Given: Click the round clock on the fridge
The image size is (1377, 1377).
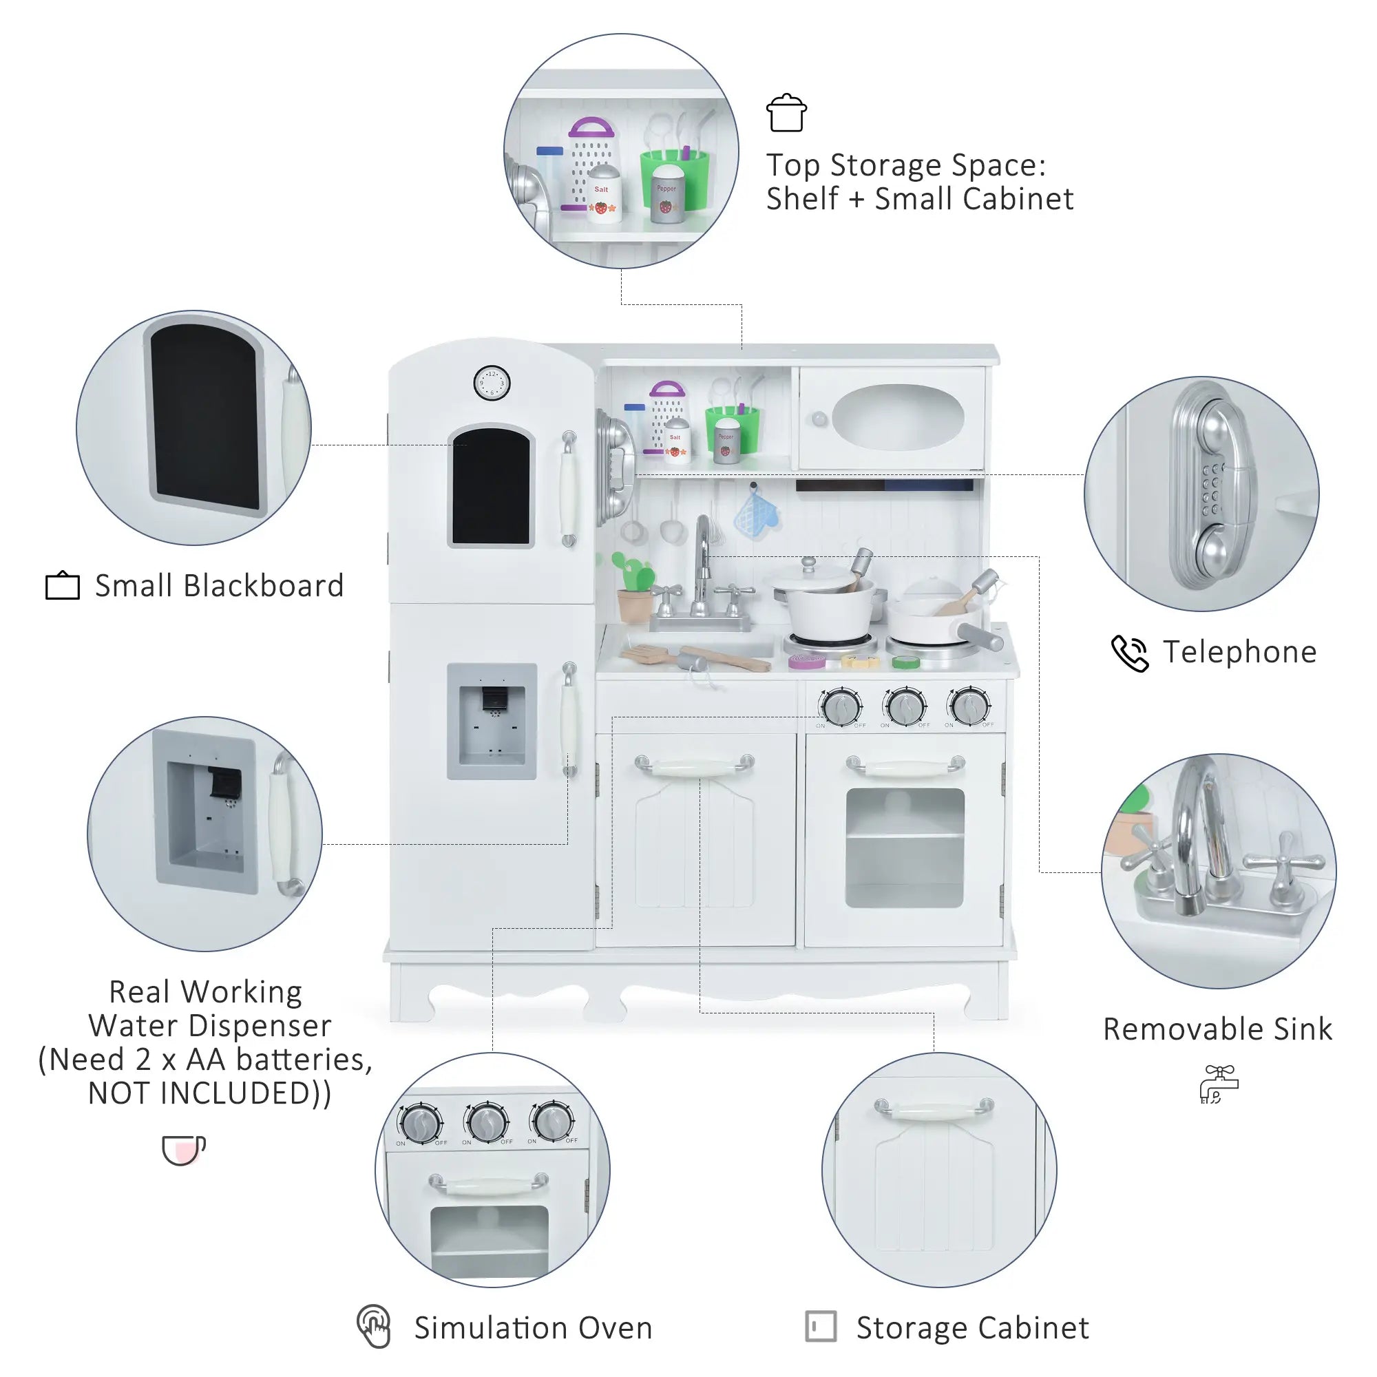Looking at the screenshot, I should tap(492, 383).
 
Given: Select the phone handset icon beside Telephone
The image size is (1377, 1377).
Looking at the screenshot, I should tap(1130, 653).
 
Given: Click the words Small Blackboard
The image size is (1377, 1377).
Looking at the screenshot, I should tap(219, 586).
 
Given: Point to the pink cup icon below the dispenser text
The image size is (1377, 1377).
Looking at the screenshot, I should tap(183, 1150).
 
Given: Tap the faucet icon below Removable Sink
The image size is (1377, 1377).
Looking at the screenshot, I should tap(1219, 1084).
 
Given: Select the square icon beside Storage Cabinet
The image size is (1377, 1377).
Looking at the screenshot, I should tap(821, 1327).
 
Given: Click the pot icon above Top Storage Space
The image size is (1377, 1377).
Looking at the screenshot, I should tap(786, 114).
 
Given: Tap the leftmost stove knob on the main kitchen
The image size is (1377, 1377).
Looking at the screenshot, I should tap(841, 707).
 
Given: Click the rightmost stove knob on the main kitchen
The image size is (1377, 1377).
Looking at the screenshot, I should tap(969, 706).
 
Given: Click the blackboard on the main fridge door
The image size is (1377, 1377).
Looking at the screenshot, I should tap(491, 487).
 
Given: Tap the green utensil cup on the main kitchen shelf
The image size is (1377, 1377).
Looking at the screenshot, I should tap(732, 429).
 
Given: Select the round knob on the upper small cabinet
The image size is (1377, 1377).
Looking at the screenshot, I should tap(819, 419).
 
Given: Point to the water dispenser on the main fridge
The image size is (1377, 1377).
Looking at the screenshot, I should tap(492, 722).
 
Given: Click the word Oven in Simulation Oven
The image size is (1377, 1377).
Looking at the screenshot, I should tap(614, 1328).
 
